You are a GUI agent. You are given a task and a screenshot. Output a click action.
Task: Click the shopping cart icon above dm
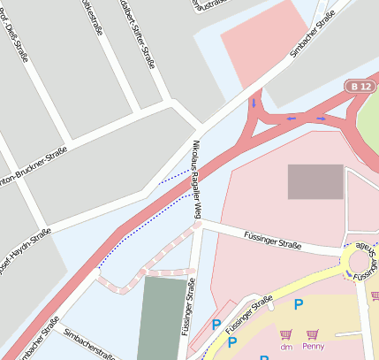click(285, 335)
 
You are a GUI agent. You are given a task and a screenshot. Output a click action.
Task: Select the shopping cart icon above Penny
click(311, 335)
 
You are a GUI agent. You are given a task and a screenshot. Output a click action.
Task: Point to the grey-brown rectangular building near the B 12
click(315, 181)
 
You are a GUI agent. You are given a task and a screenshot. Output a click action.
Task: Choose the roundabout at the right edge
click(362, 261)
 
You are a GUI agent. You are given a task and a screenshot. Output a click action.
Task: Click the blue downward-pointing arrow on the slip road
click(254, 103)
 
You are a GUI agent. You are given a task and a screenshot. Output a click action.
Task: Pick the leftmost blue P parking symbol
click(217, 326)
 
